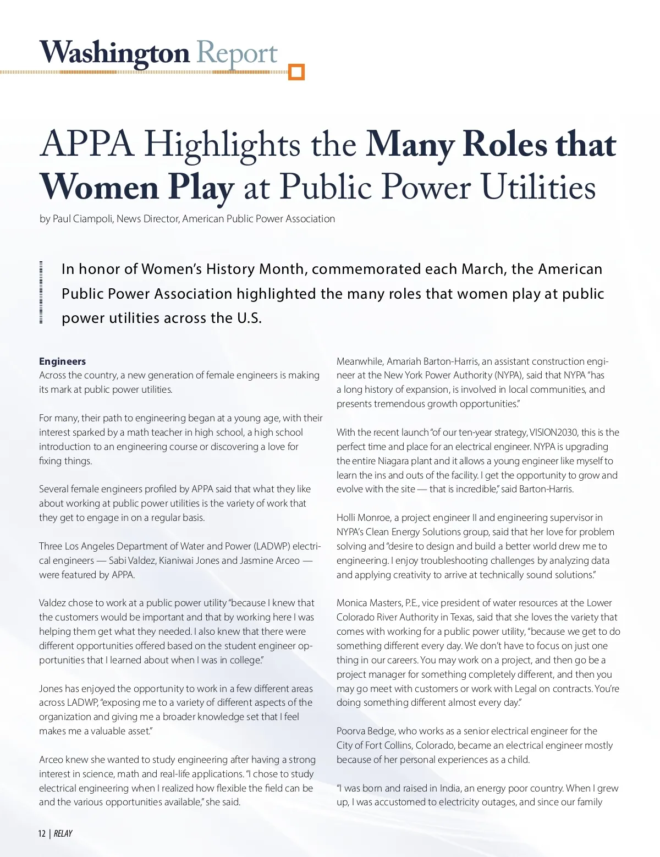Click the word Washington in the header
[x=114, y=53]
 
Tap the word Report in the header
[x=237, y=53]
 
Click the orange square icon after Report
[x=296, y=72]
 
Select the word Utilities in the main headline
[x=538, y=188]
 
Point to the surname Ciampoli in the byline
[x=92, y=219]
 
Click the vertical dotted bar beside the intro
[x=41, y=293]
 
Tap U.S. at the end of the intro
[x=249, y=318]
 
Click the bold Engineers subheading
[x=62, y=361]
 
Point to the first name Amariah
[x=406, y=361]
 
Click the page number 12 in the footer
[x=42, y=833]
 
